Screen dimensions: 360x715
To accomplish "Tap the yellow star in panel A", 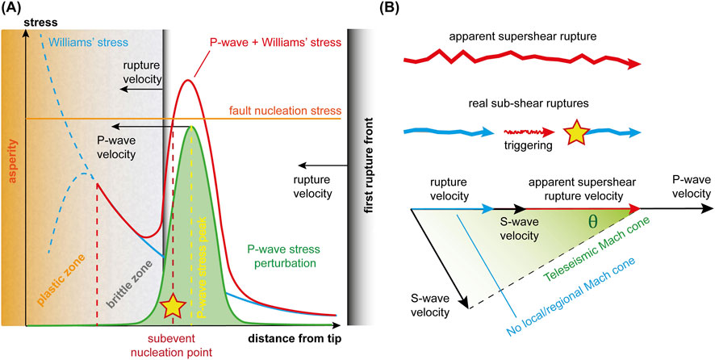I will [171, 306].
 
